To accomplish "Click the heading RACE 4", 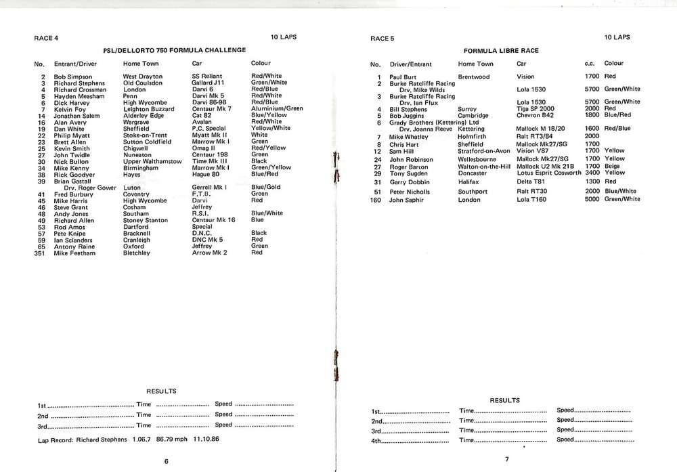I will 47,39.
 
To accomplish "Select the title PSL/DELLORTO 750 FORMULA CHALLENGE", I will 174,51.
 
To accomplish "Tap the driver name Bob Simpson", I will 72,77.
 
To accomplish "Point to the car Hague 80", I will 206,174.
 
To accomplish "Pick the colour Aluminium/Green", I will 277,108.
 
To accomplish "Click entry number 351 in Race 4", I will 39,253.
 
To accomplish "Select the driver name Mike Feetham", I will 74,253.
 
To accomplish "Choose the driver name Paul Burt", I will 403,77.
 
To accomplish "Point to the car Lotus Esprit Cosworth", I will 548,173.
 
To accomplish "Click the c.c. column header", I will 589,64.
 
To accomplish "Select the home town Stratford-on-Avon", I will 484,151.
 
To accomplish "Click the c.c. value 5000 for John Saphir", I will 592,200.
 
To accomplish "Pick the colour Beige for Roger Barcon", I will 613,167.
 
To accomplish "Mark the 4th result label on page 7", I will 377,440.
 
